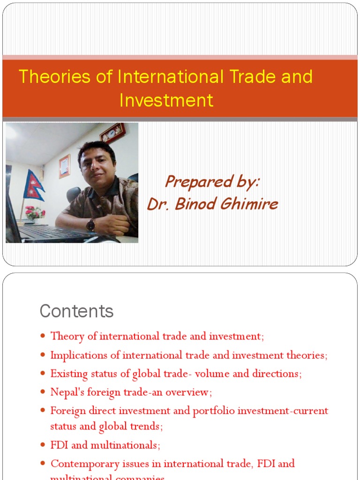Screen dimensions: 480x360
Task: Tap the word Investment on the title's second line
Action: coord(166,100)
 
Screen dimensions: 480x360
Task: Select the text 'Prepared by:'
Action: coord(212,182)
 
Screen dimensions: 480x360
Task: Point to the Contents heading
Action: coord(76,311)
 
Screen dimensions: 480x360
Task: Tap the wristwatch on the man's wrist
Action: coord(90,225)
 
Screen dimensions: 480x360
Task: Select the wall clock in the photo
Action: coord(112,133)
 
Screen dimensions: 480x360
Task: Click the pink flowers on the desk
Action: coord(35,212)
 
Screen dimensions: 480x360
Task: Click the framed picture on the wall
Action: coord(65,166)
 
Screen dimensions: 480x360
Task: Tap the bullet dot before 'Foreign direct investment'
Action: coord(43,411)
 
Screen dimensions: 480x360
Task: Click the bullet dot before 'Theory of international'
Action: coord(43,336)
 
